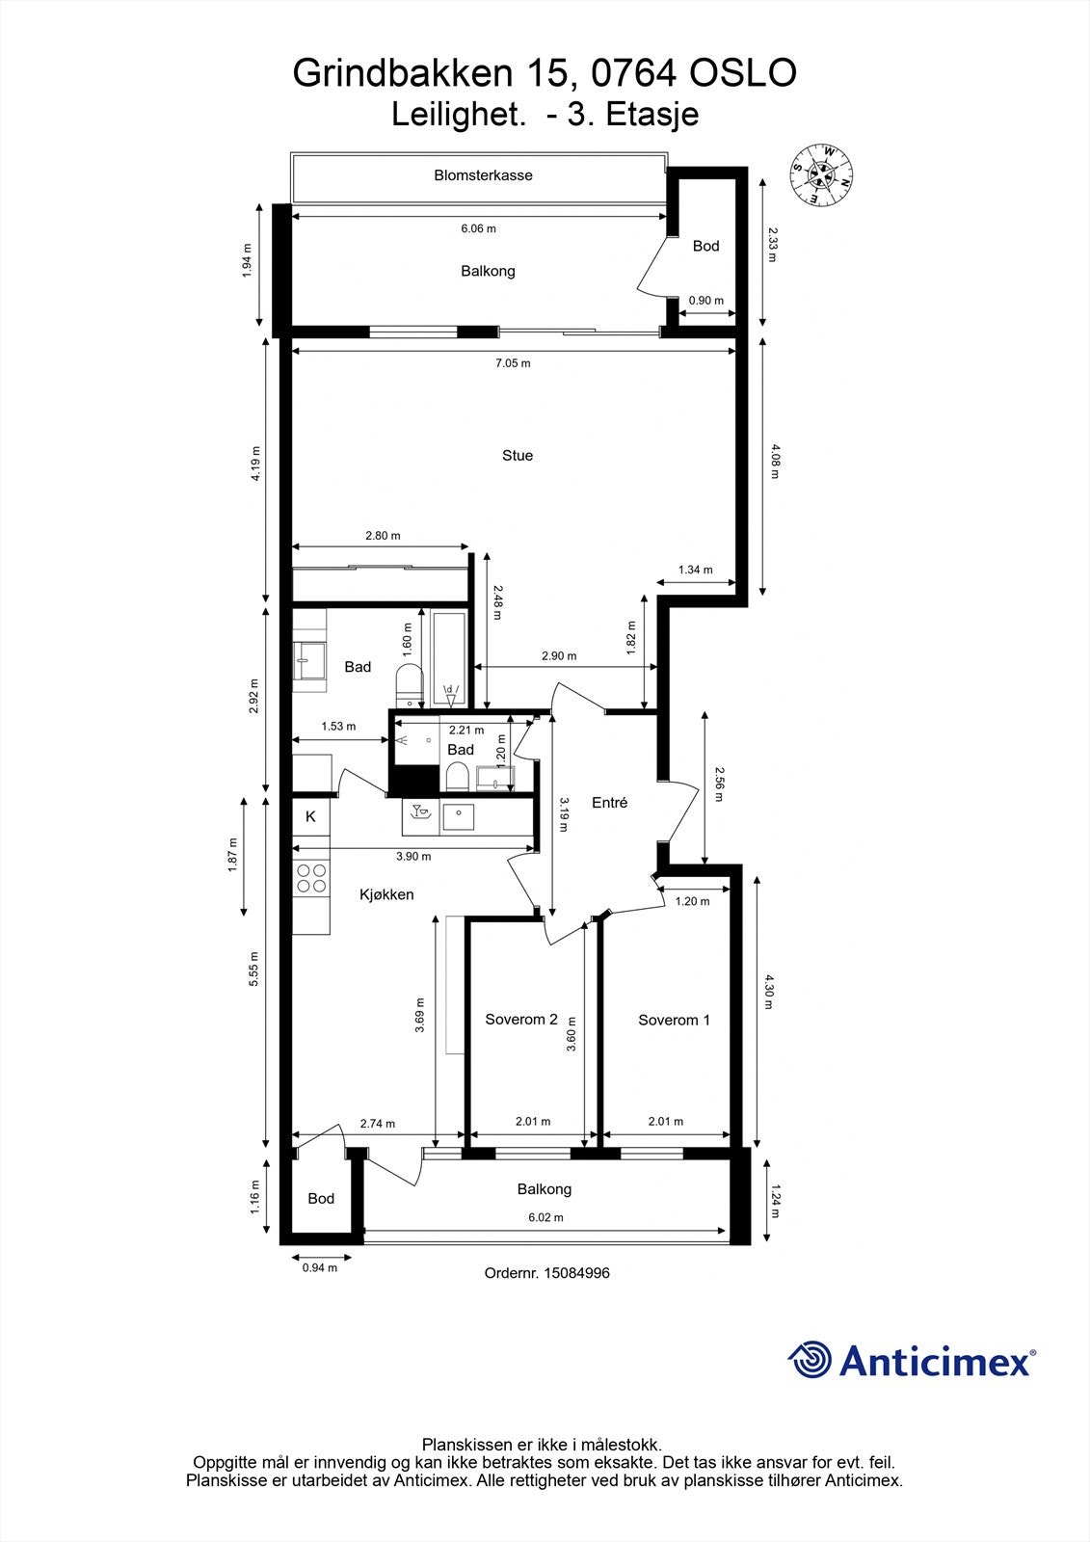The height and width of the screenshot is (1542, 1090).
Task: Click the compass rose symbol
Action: pos(821,174)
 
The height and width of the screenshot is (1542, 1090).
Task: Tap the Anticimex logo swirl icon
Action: pos(810,1360)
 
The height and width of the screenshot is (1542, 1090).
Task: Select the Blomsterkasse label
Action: pos(483,174)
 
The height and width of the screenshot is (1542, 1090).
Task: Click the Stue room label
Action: pos(518,455)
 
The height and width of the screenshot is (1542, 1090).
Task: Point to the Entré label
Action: pos(609,802)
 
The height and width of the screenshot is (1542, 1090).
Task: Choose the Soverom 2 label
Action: pos(521,1020)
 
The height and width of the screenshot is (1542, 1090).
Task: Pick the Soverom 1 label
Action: pos(674,1021)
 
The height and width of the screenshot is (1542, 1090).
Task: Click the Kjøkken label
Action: pos(386,895)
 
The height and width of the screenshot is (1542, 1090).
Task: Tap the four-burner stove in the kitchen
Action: pos(311,878)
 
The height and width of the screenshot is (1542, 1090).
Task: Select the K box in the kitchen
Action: pos(310,816)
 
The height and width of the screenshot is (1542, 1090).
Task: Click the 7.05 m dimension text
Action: pos(513,362)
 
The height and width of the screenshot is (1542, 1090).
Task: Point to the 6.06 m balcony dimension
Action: pos(479,228)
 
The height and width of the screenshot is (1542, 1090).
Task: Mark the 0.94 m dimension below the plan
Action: pos(320,1267)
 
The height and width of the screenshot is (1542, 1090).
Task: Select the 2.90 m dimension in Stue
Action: pos(558,656)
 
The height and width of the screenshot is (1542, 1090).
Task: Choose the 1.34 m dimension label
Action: pos(696,570)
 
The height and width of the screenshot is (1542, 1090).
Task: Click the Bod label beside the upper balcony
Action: pos(705,246)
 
